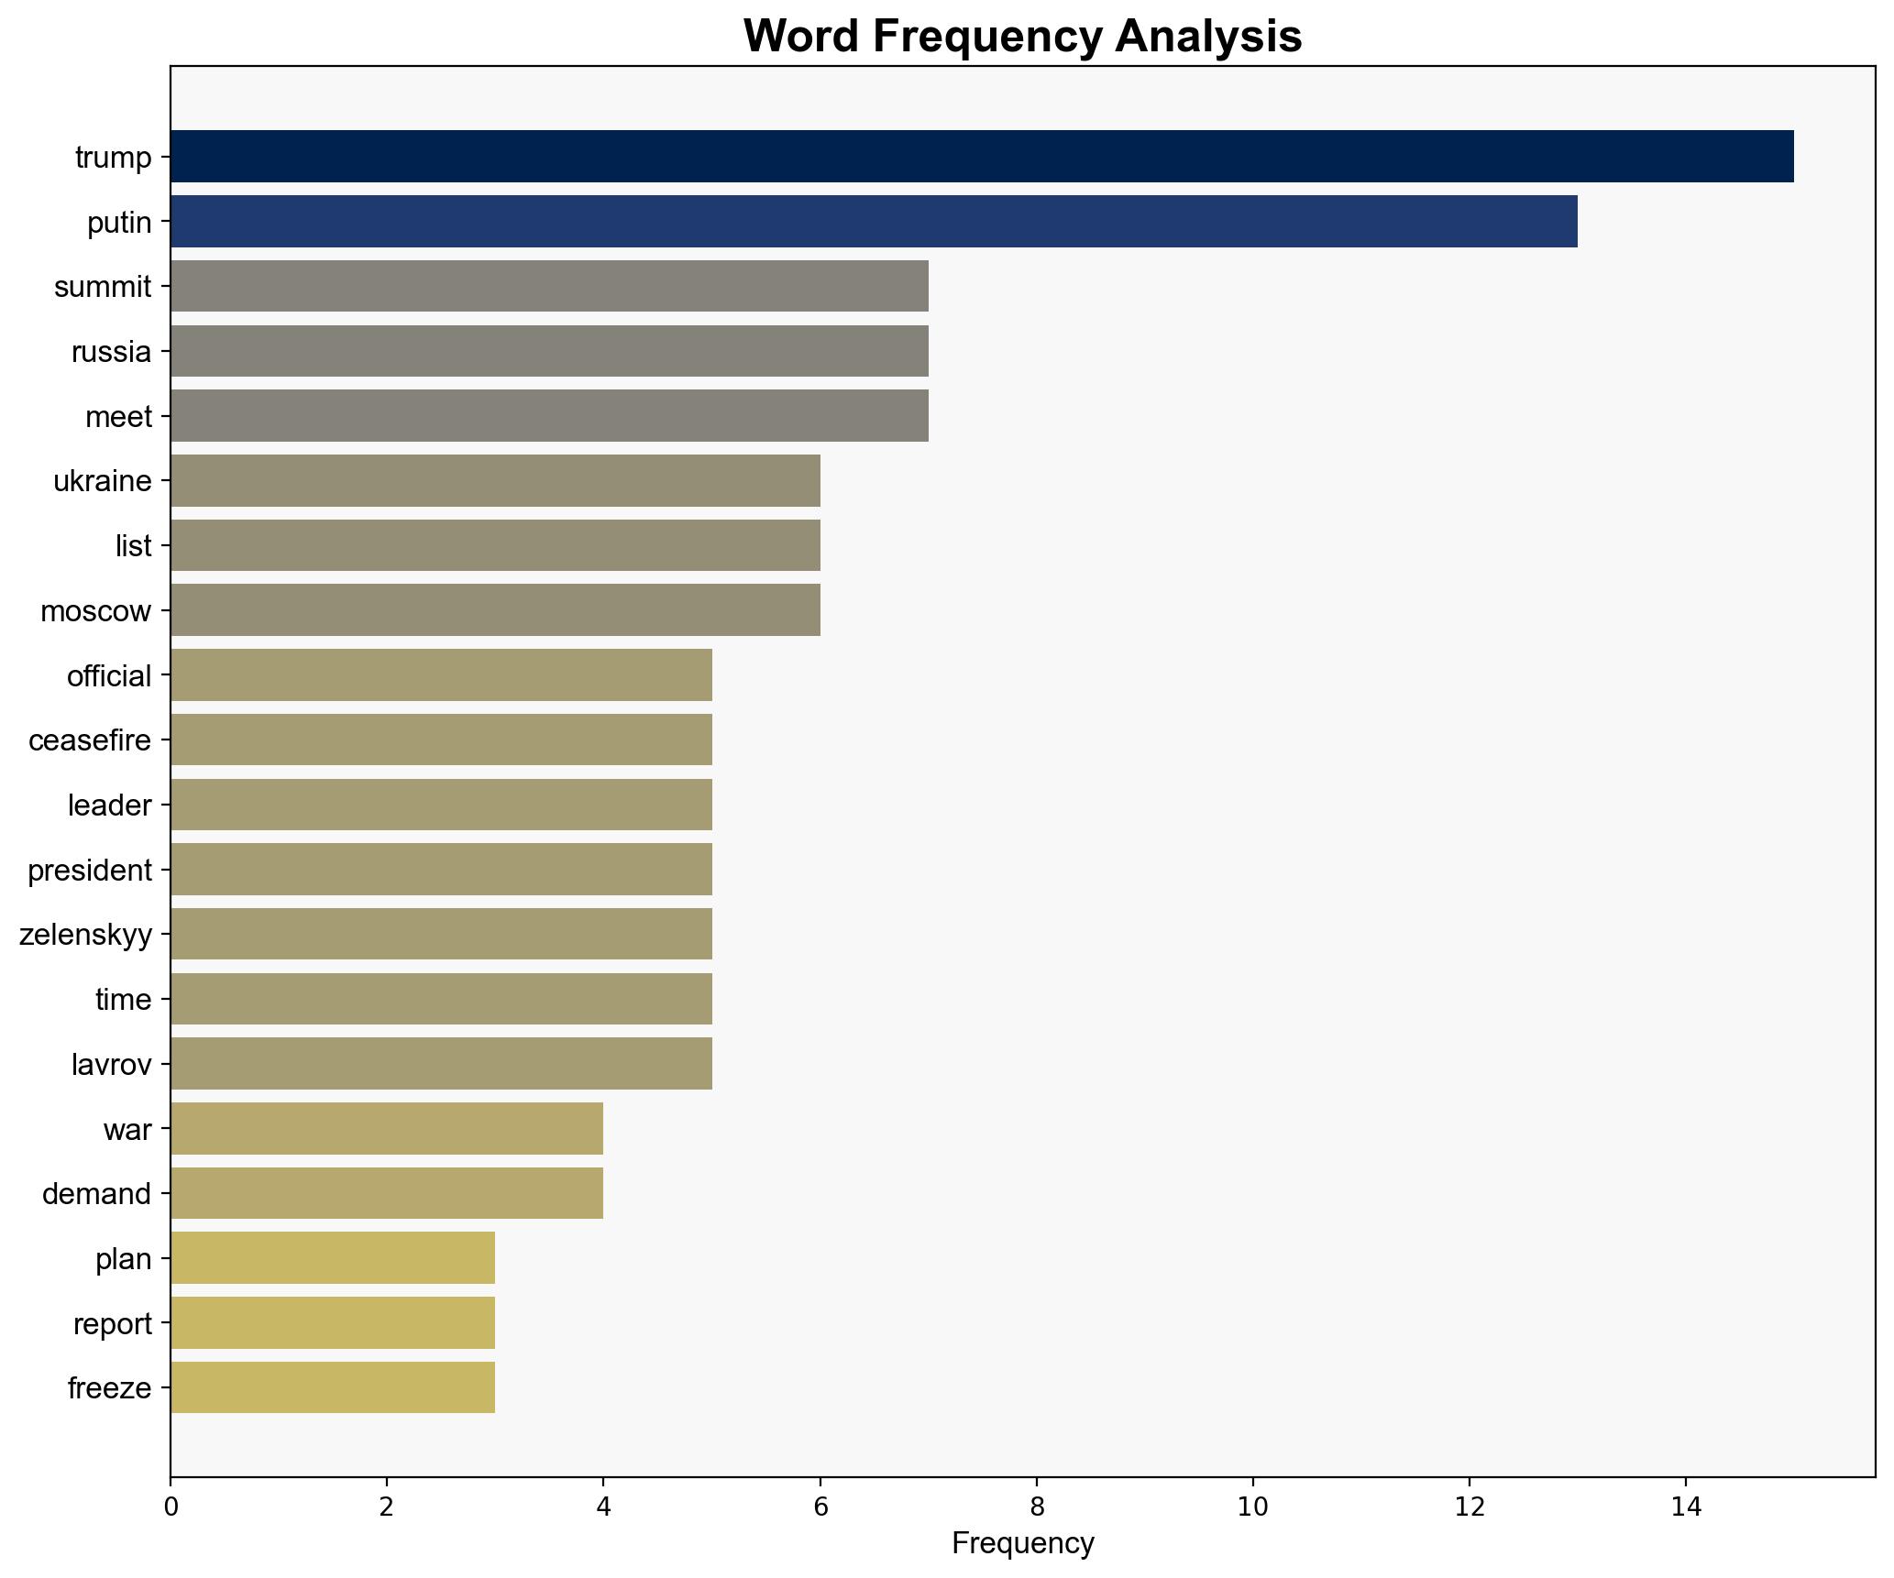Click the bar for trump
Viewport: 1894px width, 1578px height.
(981, 157)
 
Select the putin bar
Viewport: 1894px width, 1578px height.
(873, 222)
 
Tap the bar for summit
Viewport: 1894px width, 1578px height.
(548, 287)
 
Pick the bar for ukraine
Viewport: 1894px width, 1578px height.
(495, 481)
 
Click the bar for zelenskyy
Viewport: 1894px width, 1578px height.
(440, 935)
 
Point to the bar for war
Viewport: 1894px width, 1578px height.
(386, 1129)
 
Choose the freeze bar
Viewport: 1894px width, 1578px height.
(332, 1388)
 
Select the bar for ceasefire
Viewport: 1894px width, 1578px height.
(440, 740)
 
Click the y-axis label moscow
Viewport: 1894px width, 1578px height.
(95, 611)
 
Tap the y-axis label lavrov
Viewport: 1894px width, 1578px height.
(111, 1065)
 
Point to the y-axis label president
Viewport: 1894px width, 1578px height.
(90, 871)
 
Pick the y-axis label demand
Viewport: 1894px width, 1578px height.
(96, 1195)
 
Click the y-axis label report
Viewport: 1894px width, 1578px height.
(112, 1324)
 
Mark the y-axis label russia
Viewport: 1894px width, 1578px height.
(111, 352)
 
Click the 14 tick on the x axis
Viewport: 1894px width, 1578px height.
(1685, 1507)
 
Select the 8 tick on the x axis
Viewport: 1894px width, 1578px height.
(1036, 1507)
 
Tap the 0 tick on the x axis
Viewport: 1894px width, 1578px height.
(171, 1507)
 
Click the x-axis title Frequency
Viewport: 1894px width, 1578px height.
(1022, 1544)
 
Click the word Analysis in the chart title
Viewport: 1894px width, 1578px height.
(1208, 37)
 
